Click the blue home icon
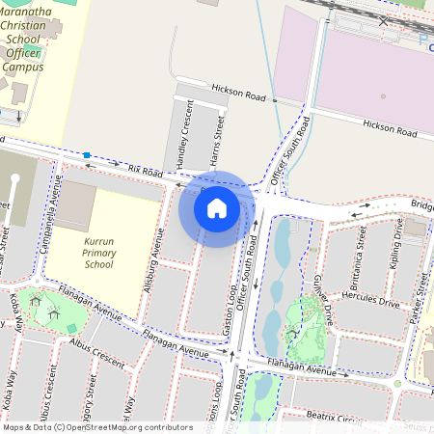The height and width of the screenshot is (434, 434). point(217,207)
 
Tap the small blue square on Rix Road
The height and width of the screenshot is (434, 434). point(87,154)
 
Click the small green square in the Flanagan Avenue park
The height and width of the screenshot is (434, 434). point(72,329)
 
